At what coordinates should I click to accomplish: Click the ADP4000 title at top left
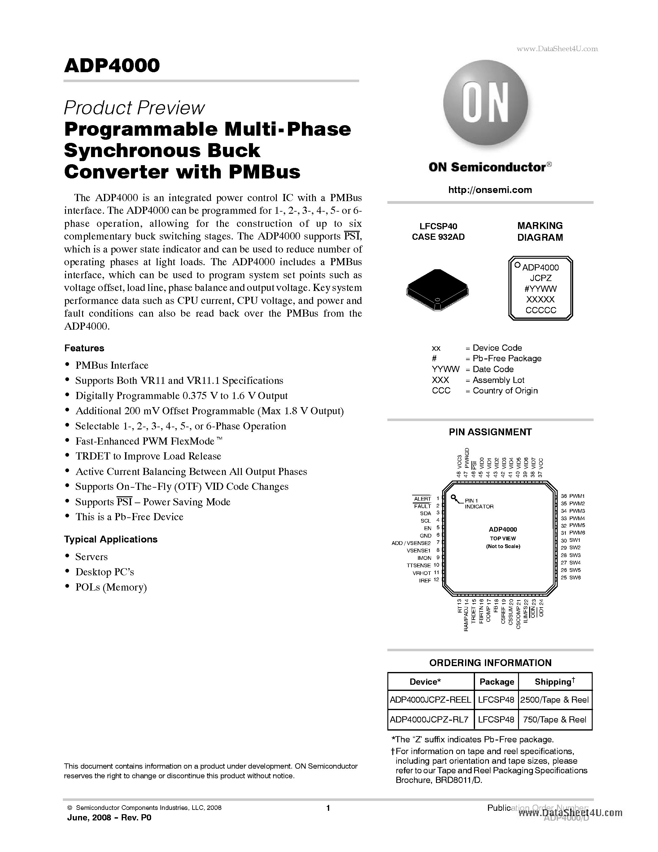pos(112,66)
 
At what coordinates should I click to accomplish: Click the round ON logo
pos(486,103)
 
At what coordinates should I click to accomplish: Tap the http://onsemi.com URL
pos(490,190)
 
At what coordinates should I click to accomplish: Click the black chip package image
pos(437,290)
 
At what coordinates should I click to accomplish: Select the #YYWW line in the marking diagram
pos(540,289)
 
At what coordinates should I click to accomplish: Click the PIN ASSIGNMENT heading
pos(490,432)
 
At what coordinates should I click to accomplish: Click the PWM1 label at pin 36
pos(577,496)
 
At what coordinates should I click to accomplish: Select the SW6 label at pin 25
pos(575,578)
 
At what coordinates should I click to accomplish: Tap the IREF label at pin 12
pos(425,581)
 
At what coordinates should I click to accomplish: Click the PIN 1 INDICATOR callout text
pos(479,504)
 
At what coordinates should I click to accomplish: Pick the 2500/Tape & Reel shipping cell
pos(554,700)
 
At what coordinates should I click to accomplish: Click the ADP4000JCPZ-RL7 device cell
pos(429,719)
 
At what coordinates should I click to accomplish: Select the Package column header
pos(496,682)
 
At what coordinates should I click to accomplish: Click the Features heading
pos(84,348)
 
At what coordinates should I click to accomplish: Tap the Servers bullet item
pos(91,557)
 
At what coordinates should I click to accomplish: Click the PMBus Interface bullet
pos(111,365)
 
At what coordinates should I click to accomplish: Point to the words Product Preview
pos(134,108)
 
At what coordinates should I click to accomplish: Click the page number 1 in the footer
pos(328,808)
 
